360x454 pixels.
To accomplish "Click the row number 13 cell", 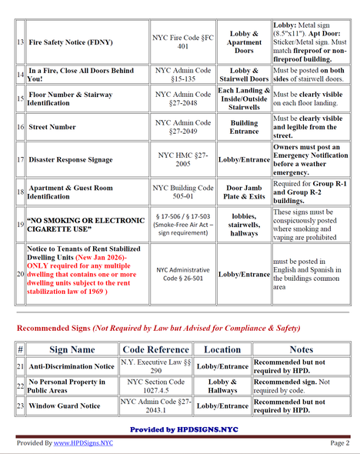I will (21, 44).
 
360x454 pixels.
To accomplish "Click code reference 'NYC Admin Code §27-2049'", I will (183, 127).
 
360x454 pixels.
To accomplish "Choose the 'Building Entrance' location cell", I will (244, 127).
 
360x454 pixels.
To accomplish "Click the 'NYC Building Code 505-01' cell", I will (183, 192).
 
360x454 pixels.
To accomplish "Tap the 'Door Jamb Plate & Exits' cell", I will (244, 192).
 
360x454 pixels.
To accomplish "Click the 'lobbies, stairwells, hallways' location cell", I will (244, 224).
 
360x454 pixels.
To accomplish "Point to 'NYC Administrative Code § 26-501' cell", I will (183, 275).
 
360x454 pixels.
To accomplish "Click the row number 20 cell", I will (21, 275).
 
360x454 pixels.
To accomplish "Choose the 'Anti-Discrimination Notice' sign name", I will (68, 366).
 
